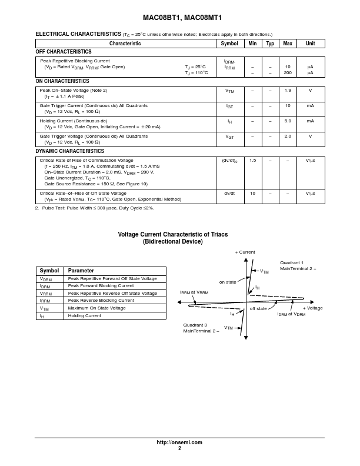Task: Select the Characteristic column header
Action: point(125,44)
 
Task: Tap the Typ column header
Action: point(270,44)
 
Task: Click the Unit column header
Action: point(310,44)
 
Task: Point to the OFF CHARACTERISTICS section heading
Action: point(64,52)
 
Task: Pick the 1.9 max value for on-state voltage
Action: point(288,91)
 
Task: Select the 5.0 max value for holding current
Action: point(288,121)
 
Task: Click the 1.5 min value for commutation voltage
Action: point(252,160)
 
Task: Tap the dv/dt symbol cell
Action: point(229,193)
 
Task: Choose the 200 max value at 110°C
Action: point(288,73)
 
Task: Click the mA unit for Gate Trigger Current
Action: point(310,105)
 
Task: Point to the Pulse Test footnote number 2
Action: point(36,208)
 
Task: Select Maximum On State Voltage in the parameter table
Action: point(96,308)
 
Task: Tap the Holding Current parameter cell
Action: point(84,316)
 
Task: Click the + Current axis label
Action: point(245,252)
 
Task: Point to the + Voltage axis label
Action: point(313,308)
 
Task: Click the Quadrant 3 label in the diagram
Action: point(195,325)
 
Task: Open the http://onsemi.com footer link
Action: point(179,442)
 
